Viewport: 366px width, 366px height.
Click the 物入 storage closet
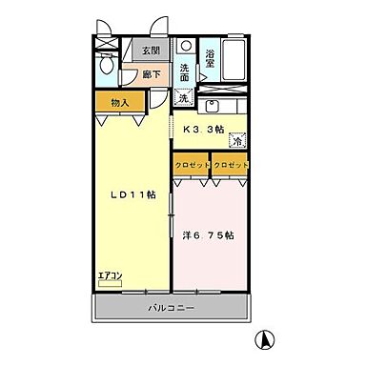coord(118,103)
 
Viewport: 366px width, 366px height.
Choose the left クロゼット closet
coord(191,165)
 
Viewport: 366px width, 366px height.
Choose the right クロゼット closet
coord(230,165)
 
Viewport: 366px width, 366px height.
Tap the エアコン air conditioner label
coord(111,277)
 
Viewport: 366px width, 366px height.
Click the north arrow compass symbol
coord(268,339)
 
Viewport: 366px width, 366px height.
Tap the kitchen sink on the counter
coord(215,104)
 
